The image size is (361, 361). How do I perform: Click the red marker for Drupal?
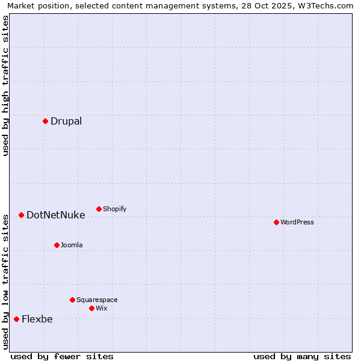pyautogui.click(x=45, y=121)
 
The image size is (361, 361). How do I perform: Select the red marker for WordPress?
pyautogui.click(x=276, y=222)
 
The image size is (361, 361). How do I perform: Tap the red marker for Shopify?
pyautogui.click(x=99, y=209)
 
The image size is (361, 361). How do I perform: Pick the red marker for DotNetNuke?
pyautogui.click(x=21, y=215)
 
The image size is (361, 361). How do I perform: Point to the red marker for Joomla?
pyautogui.click(x=57, y=245)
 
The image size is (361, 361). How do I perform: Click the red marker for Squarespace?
pyautogui.click(x=72, y=300)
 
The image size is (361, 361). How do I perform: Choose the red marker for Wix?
pyautogui.click(x=91, y=308)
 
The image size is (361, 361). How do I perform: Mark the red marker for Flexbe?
pyautogui.click(x=16, y=319)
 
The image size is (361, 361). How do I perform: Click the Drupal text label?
pyautogui.click(x=66, y=121)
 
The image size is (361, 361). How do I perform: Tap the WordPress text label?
pyautogui.click(x=297, y=222)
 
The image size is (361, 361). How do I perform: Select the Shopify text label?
pyautogui.click(x=115, y=209)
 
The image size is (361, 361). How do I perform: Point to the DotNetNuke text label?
pyautogui.click(x=56, y=215)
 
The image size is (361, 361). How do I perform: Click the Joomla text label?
pyautogui.click(x=72, y=245)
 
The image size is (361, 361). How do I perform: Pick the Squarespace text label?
pyautogui.click(x=97, y=300)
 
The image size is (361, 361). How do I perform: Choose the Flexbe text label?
pyautogui.click(x=37, y=319)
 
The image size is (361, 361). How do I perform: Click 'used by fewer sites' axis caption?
pyautogui.click(x=62, y=356)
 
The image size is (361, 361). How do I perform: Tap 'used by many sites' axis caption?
pyautogui.click(x=302, y=356)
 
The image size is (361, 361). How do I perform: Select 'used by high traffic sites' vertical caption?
pyautogui.click(x=6, y=85)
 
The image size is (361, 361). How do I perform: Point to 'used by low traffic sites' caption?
pyautogui.click(x=6, y=282)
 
